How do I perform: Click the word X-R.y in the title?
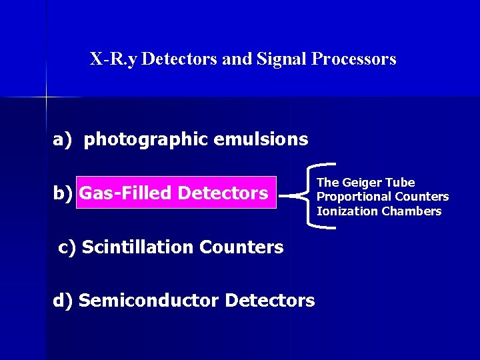coord(114,59)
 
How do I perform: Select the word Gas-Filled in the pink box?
coord(126,193)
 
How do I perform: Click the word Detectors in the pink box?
coord(223,193)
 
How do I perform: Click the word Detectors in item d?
coord(270,301)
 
